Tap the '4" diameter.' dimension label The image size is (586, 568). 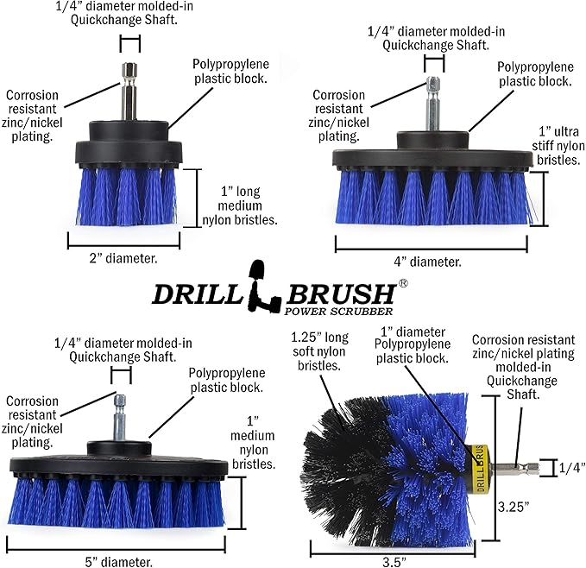tap(432, 261)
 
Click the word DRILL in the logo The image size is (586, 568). tap(196, 294)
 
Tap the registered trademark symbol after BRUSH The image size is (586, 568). tap(402, 282)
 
